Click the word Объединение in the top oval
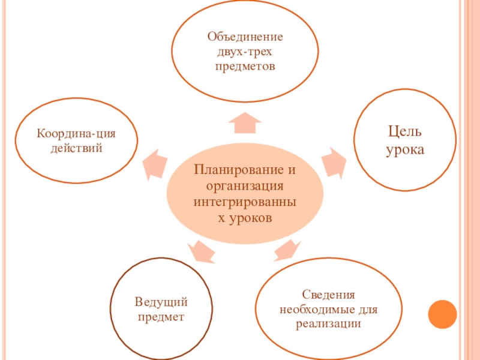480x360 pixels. click(245, 37)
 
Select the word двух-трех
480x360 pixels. click(245, 52)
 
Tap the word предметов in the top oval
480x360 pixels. click(245, 66)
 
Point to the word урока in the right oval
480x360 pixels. click(404, 149)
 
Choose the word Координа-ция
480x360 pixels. click(76, 133)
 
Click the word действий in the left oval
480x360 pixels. click(76, 147)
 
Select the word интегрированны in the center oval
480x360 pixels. click(245, 201)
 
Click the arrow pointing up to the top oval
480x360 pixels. click(245, 122)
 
